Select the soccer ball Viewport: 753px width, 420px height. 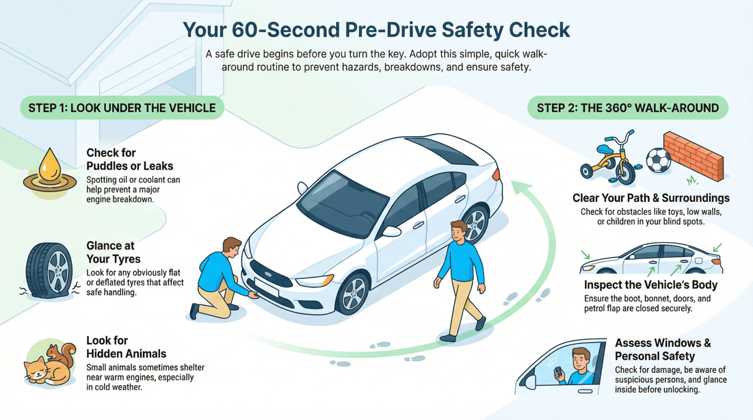coord(658,160)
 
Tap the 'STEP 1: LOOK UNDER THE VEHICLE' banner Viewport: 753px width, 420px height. coord(122,108)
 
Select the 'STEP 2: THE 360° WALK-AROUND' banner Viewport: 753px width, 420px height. coord(627,108)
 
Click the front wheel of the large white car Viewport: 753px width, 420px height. coord(354,293)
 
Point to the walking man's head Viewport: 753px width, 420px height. coord(459,231)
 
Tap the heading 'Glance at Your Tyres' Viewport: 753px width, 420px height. coord(114,252)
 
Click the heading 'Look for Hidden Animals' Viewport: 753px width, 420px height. coord(126,347)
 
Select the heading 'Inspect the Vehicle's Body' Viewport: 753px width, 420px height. coord(650,285)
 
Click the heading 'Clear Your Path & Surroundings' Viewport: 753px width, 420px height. coord(650,198)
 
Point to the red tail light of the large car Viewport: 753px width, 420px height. coord(497,173)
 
